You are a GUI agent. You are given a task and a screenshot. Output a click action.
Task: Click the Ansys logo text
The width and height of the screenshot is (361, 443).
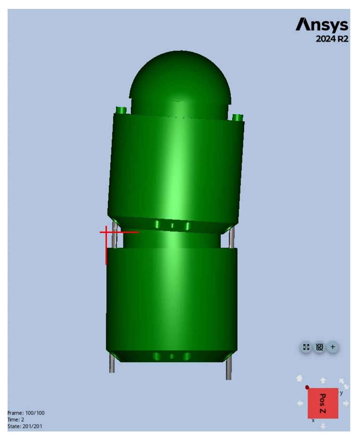click(x=322, y=25)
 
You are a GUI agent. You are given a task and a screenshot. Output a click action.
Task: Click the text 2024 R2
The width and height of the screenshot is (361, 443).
click(x=332, y=39)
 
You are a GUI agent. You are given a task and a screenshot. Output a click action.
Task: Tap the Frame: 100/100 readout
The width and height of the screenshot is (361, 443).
click(x=26, y=413)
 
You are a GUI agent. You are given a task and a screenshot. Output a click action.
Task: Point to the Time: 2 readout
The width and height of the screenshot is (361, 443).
click(x=16, y=420)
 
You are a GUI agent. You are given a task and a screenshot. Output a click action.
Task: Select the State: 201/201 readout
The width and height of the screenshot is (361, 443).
click(x=25, y=426)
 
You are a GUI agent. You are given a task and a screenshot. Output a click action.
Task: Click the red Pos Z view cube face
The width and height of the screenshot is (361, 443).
click(x=323, y=403)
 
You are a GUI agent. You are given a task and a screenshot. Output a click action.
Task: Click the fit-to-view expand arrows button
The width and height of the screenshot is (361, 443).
click(x=306, y=347)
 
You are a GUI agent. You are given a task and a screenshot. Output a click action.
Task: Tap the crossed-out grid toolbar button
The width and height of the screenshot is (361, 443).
click(x=319, y=347)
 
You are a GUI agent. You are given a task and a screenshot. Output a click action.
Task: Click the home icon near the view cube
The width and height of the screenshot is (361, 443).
click(x=299, y=378)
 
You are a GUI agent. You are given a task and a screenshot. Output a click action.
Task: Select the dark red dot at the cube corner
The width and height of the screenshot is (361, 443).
click(x=307, y=387)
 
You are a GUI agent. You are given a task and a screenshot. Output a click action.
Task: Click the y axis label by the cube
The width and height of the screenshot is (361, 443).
click(x=341, y=393)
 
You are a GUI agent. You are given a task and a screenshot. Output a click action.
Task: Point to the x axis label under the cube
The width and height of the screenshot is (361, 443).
click(x=313, y=420)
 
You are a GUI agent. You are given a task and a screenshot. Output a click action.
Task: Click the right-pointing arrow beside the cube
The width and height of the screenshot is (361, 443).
click(x=346, y=403)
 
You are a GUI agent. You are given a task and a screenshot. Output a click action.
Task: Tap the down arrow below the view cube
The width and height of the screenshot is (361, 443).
click(x=323, y=426)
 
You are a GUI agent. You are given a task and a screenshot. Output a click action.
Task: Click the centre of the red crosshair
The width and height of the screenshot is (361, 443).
click(x=106, y=232)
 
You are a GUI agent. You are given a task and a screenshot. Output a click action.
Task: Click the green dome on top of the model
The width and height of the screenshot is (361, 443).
click(x=180, y=76)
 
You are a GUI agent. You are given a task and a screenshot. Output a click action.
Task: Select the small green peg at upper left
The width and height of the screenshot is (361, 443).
click(x=121, y=110)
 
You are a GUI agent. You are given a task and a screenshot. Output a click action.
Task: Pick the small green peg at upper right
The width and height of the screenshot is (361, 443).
click(x=238, y=117)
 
